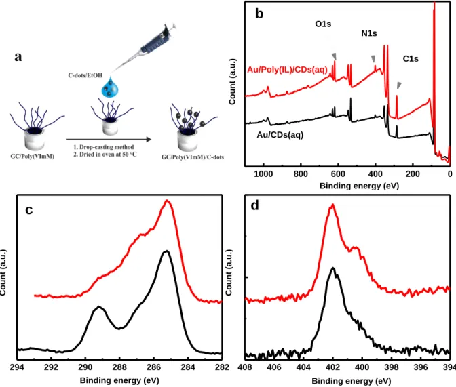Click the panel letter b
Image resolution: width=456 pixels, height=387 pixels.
[259, 14]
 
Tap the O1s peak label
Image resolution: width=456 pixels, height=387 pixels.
[323, 24]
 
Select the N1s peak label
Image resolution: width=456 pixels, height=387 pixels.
[369, 33]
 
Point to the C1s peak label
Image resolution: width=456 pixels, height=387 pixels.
[411, 59]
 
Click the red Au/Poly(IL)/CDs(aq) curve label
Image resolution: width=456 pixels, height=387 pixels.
[287, 70]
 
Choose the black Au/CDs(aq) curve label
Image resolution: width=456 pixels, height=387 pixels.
[280, 135]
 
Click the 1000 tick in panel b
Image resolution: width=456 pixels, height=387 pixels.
[263, 174]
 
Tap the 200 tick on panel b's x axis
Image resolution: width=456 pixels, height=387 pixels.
[413, 174]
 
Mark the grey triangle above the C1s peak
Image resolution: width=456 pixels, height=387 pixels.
[399, 85]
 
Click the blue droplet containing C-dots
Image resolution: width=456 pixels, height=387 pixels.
[110, 87]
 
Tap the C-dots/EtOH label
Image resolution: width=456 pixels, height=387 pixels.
[85, 75]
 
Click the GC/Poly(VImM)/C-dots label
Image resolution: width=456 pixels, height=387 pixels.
[193, 157]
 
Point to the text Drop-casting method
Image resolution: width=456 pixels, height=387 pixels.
[107, 147]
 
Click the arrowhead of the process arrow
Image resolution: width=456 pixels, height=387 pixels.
[149, 140]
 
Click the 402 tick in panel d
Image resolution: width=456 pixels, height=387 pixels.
[332, 367]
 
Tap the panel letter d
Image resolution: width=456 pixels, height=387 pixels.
[254, 206]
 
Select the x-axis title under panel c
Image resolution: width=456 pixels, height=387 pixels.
[119, 380]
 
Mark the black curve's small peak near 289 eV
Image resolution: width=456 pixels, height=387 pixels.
[99, 306]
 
